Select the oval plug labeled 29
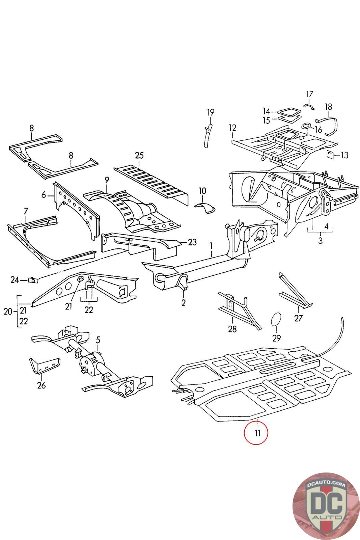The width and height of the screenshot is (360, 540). coord(276,319)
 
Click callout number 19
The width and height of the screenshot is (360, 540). coord(211,112)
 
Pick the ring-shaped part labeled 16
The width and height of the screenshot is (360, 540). coord(307,126)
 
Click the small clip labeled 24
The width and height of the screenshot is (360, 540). coord(33,280)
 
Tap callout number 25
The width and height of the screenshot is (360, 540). coord(139,156)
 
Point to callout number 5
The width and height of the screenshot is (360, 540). coord(98,339)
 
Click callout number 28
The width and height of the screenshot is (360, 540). coord(232,329)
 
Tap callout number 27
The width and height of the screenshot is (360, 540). coord(299,318)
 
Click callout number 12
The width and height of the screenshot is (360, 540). coord(232,128)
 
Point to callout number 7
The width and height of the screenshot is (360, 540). coord(26,211)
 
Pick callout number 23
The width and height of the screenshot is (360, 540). coord(192,242)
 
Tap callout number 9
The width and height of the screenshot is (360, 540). coord(107,180)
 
